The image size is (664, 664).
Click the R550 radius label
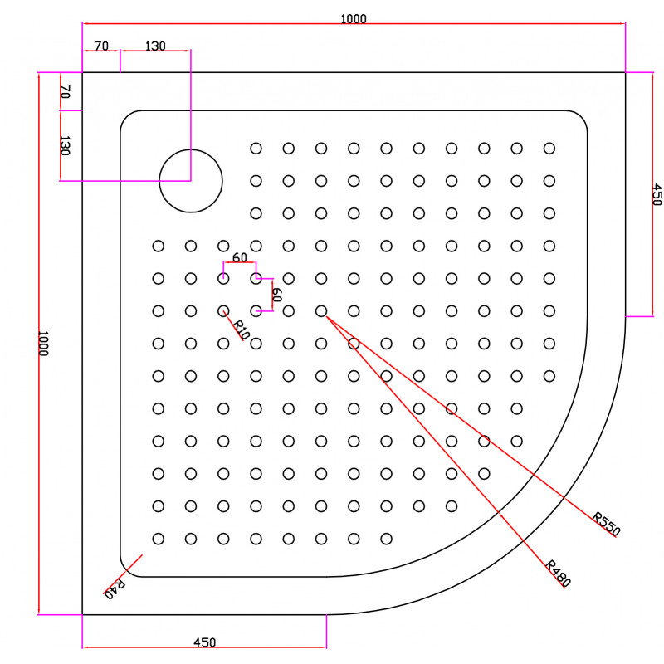(x=606, y=524)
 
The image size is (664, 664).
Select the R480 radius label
(x=558, y=574)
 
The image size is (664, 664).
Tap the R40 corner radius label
(x=115, y=589)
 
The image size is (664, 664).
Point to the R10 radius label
(x=241, y=330)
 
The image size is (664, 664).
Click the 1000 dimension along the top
(x=354, y=18)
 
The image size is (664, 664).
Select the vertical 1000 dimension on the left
(x=43, y=344)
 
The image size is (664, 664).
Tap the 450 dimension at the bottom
(x=204, y=642)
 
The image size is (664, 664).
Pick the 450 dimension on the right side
(x=657, y=194)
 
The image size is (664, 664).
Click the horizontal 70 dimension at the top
(x=101, y=46)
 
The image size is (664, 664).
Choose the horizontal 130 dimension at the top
(x=155, y=46)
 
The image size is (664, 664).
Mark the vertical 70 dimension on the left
(x=65, y=91)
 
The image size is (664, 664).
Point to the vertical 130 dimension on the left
(x=65, y=146)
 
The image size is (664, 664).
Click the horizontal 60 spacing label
(x=240, y=257)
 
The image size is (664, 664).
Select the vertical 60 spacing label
(x=276, y=295)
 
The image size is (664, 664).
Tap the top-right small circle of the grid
(x=549, y=149)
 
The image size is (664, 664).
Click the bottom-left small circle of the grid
(x=158, y=539)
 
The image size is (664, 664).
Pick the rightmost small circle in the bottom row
(x=386, y=539)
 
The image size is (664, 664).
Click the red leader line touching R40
(x=123, y=574)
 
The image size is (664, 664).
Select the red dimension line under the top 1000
(x=354, y=24)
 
